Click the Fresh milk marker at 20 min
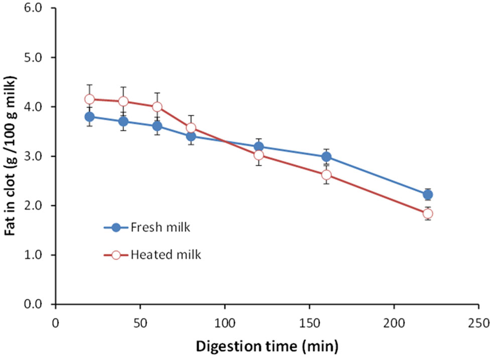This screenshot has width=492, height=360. coord(89,116)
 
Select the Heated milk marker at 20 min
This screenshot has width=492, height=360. coord(89,99)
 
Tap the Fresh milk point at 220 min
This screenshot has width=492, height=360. coord(428,195)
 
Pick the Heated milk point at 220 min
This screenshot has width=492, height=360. coord(428,213)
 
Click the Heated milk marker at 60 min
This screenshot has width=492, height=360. coord(157,106)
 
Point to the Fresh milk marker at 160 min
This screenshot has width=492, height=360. coord(326,157)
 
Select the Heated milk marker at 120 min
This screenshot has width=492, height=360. coord(259,155)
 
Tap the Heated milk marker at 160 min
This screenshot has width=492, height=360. coord(326,175)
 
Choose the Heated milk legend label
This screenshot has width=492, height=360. coord(166,255)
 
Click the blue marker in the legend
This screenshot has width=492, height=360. coord(116,227)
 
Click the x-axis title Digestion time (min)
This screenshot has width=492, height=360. coord(267,346)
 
